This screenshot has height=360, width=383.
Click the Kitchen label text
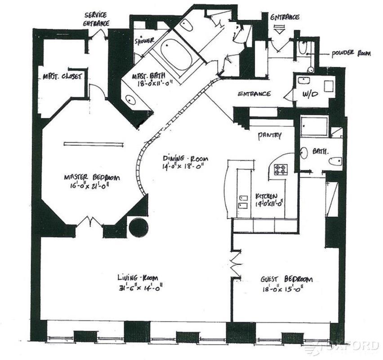tap(269, 196)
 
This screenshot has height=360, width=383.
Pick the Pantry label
tap(270, 135)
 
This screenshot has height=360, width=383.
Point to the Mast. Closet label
tap(62, 76)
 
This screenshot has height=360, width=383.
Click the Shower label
tap(145, 41)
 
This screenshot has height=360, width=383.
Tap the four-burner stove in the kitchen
tap(281, 170)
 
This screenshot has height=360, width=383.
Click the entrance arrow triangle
tap(280, 31)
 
